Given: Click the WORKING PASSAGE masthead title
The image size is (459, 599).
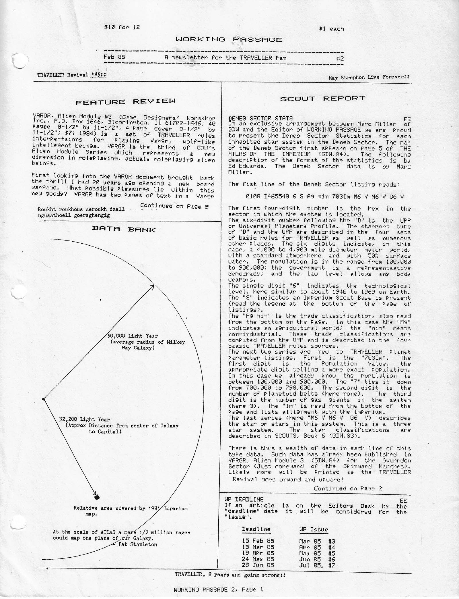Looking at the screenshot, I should (229, 40).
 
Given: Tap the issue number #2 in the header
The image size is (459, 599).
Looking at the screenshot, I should (340, 58).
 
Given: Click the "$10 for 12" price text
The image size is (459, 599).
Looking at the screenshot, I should (122, 27).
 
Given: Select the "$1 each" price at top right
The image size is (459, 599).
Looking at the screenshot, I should (331, 29).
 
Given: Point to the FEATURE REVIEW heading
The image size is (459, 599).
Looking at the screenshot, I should (125, 102).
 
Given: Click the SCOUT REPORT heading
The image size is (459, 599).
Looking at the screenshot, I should (322, 99).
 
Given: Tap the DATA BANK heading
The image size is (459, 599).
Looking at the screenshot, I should (124, 229).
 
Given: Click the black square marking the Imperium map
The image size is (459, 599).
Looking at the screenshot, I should (97, 497).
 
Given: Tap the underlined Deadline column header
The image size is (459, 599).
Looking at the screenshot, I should (256, 529).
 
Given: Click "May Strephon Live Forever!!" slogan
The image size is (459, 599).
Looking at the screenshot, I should (369, 77).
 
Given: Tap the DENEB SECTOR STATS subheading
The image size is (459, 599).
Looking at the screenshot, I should (260, 118).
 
